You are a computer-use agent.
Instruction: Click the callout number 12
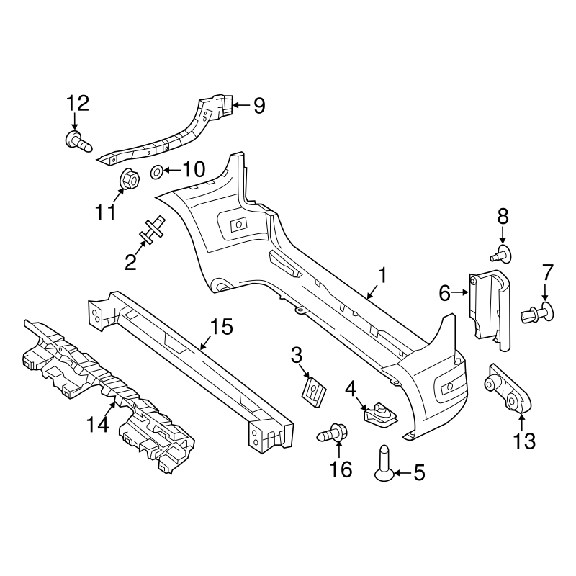click(78, 103)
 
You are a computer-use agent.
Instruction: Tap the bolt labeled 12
click(77, 140)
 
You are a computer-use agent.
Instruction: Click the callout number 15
click(222, 328)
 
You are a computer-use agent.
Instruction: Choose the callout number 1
click(383, 275)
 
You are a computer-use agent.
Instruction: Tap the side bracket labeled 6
click(487, 306)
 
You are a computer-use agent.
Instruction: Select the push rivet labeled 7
click(538, 312)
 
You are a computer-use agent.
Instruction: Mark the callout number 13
click(524, 440)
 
